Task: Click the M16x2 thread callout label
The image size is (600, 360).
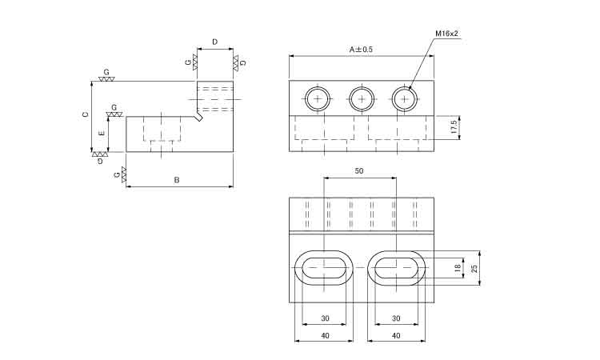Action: click(x=446, y=34)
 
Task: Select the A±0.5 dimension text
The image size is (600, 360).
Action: click(x=361, y=50)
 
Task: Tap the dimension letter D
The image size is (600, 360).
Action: click(x=214, y=42)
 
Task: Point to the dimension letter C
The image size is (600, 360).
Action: click(x=86, y=114)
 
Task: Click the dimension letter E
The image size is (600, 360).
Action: click(x=102, y=134)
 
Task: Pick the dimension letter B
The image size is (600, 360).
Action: click(x=177, y=180)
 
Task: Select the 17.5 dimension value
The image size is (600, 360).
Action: click(x=454, y=126)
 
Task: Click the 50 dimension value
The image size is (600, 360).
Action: click(x=359, y=171)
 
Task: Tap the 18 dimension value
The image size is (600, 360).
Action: click(x=458, y=268)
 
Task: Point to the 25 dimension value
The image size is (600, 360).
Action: click(x=474, y=268)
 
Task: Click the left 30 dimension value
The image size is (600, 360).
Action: click(x=325, y=318)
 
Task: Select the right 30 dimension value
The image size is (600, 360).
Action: click(x=396, y=318)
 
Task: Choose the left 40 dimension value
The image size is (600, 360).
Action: click(x=325, y=336)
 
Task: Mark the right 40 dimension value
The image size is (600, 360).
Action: click(x=396, y=336)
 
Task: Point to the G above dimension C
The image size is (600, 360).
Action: click(x=106, y=72)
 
